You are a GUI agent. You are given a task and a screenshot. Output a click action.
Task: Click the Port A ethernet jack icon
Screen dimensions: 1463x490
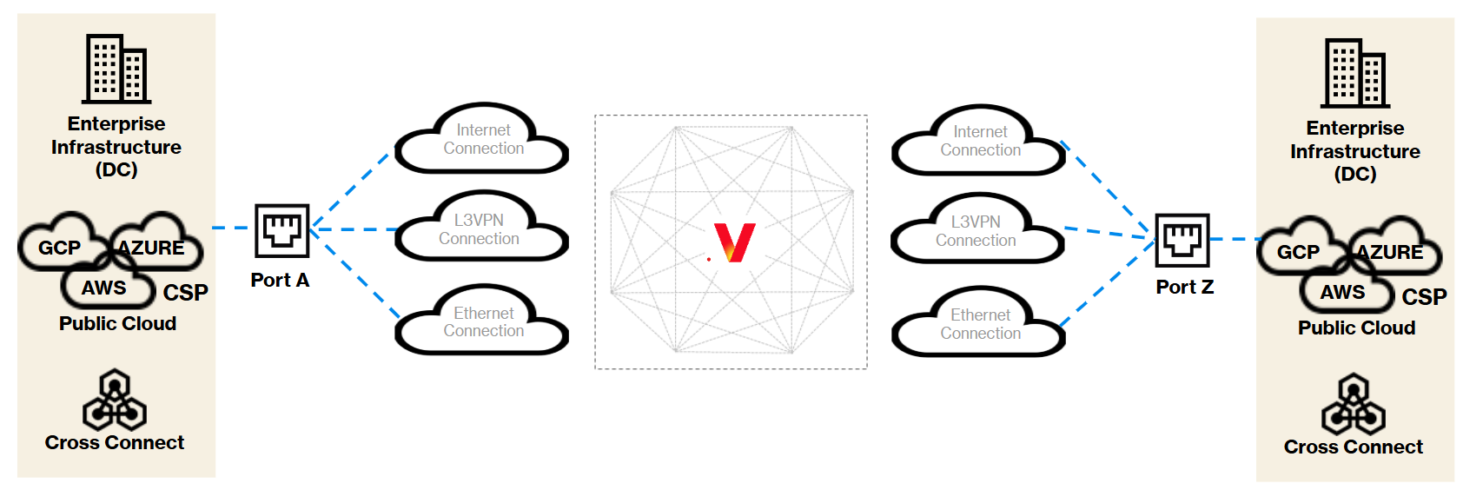pos(282,230)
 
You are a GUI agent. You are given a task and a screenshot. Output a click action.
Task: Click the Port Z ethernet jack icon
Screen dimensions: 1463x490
pos(1182,241)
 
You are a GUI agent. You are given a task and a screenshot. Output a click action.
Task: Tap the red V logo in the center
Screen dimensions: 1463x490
pos(735,242)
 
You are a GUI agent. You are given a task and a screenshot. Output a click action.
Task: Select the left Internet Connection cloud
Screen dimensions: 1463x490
pos(482,138)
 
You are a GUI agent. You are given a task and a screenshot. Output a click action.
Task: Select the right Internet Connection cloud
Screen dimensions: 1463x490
pos(978,141)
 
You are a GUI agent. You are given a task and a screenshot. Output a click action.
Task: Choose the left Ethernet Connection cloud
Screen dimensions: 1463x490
pos(482,320)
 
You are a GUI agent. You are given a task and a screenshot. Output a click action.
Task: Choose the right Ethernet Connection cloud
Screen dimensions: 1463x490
pos(978,321)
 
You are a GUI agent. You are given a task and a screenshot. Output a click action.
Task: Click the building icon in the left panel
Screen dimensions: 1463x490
pos(116,69)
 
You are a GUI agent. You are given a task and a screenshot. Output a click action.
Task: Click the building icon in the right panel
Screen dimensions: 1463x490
pos(1355,73)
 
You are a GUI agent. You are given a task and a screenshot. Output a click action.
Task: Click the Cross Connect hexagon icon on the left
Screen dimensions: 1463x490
pos(115,399)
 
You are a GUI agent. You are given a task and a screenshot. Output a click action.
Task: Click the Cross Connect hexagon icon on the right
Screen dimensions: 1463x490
pos(1354,404)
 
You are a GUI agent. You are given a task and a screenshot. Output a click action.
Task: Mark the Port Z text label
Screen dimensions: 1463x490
pos(1185,287)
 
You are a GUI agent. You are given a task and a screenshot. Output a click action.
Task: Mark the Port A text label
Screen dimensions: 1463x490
pos(280,281)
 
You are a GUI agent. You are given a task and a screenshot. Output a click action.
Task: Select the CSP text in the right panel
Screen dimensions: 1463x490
pos(1425,296)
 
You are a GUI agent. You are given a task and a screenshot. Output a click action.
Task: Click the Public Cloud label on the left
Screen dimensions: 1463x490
pos(117,323)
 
